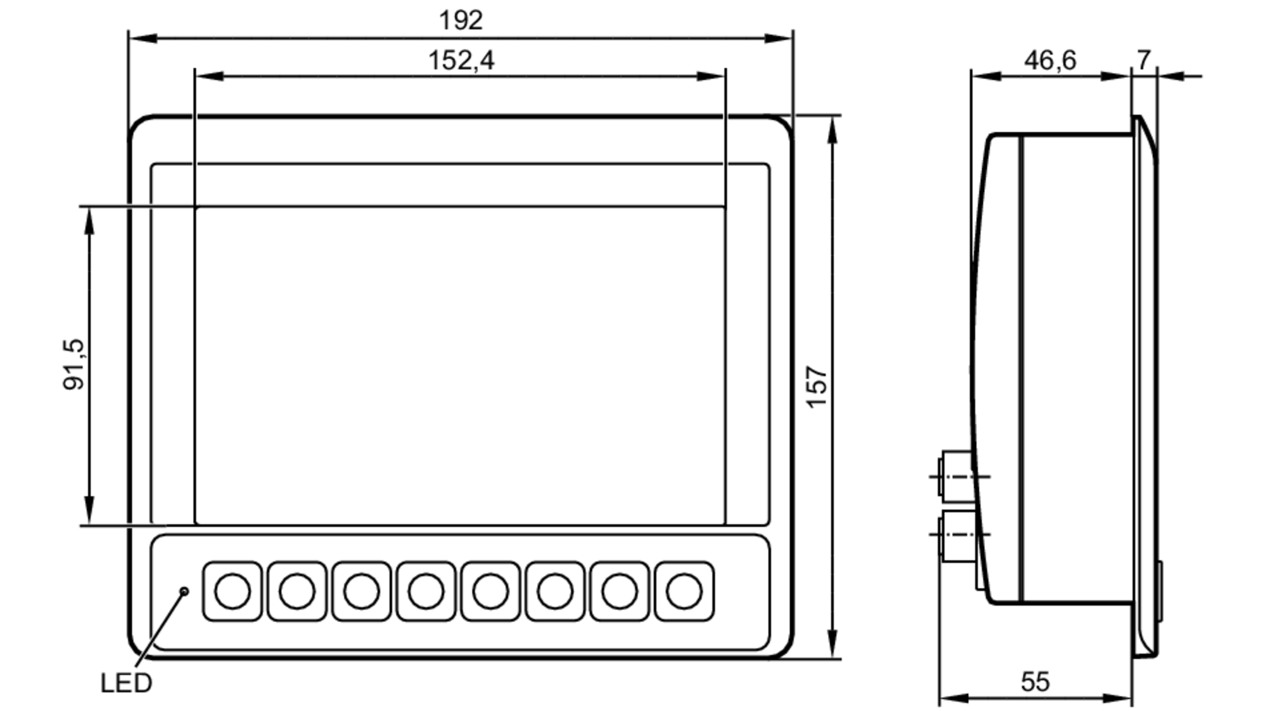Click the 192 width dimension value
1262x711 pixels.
pyautogui.click(x=461, y=20)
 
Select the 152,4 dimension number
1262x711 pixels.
pyautogui.click(x=461, y=61)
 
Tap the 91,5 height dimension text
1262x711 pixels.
pyautogui.click(x=74, y=364)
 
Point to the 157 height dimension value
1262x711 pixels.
pyautogui.click(x=817, y=386)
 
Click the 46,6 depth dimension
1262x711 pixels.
pyautogui.click(x=1049, y=61)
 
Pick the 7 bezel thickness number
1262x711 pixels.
pyautogui.click(x=1144, y=60)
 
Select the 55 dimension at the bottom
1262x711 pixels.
pyautogui.click(x=1035, y=681)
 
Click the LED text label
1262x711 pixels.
pyautogui.click(x=126, y=683)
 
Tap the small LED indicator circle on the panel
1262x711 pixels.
pyautogui.click(x=185, y=591)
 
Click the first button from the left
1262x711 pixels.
pyautogui.click(x=232, y=591)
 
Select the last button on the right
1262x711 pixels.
pyautogui.click(x=684, y=591)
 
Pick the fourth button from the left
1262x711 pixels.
pyautogui.click(x=426, y=591)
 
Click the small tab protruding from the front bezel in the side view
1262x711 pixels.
pyautogui.click(x=1160, y=591)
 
